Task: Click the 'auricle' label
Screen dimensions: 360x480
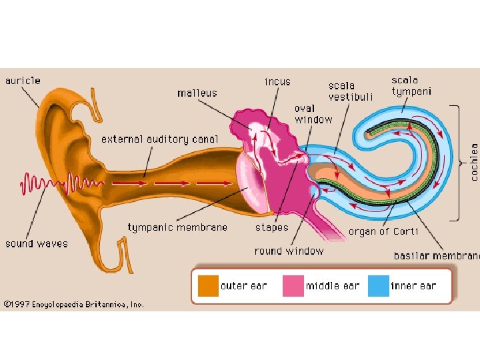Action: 23,81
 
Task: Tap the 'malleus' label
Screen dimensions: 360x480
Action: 197,93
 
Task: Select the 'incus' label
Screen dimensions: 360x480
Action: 277,81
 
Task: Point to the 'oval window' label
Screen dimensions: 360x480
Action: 313,114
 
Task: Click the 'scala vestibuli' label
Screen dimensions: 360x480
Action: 351,91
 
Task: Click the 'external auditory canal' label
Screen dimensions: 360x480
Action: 159,139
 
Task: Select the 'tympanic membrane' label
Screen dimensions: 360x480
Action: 177,227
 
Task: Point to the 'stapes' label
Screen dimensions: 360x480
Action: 272,227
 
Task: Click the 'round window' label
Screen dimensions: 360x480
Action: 289,251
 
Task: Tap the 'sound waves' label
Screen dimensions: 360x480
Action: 36,243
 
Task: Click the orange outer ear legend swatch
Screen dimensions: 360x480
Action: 207,286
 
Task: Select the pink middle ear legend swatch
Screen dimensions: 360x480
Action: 293,286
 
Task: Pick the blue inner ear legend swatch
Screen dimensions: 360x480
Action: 378,286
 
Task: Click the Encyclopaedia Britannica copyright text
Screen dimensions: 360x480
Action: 73,304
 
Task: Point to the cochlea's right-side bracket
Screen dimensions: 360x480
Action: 459,162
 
